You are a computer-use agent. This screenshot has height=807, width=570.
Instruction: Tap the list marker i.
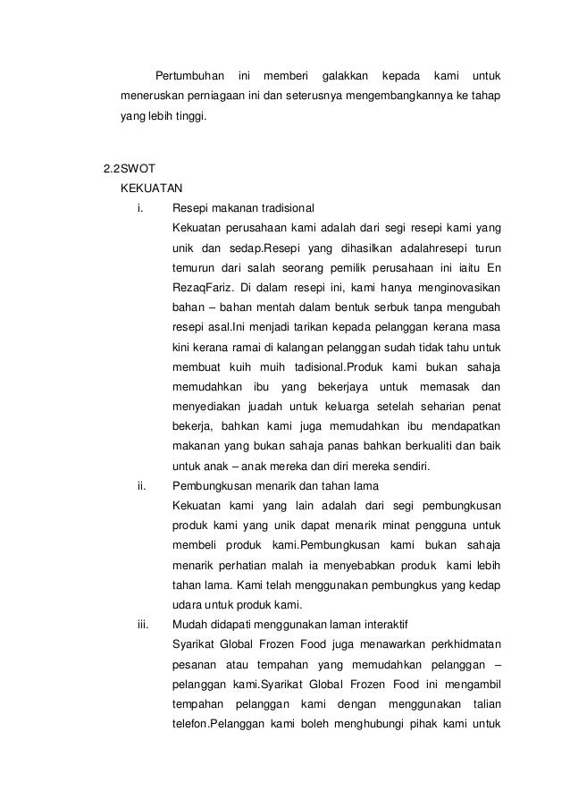[x=139, y=207]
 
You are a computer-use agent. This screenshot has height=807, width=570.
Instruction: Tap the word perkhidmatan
[x=459, y=644]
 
